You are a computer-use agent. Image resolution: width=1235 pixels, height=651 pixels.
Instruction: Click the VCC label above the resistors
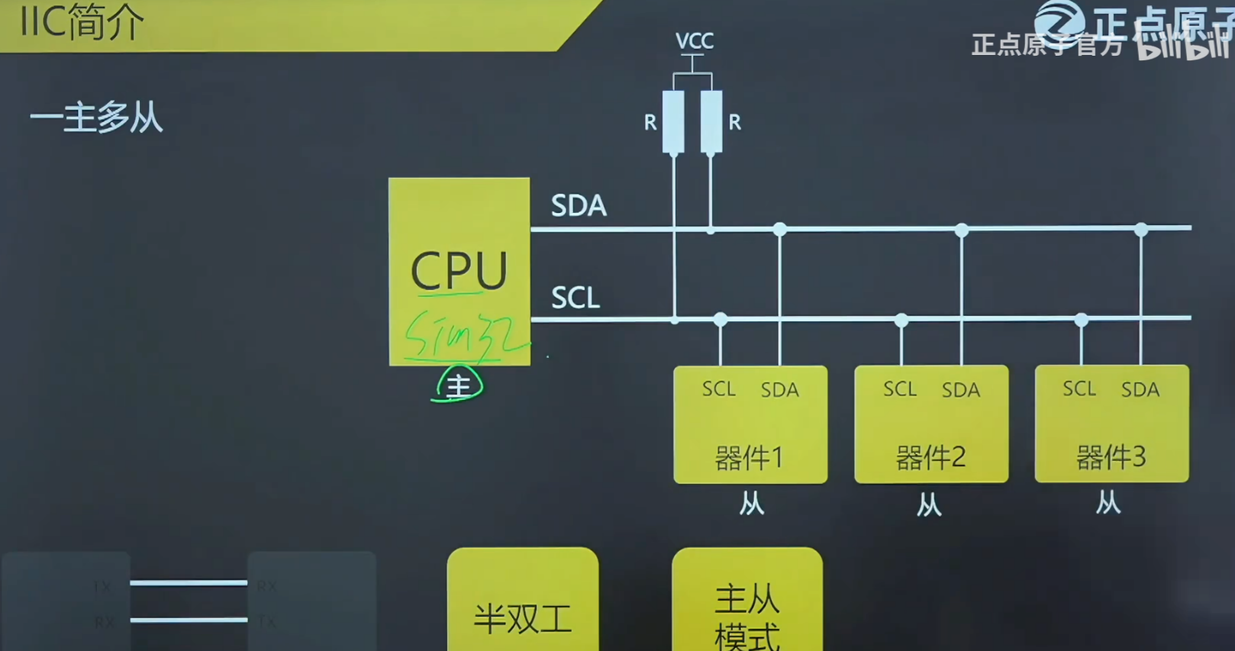point(694,40)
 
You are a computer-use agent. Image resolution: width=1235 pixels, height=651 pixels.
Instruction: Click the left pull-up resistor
point(673,121)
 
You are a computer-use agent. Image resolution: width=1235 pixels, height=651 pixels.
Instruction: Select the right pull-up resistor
point(711,121)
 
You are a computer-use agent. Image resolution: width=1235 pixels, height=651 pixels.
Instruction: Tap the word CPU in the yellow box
point(459,270)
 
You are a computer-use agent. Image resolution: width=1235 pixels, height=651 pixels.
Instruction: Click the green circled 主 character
point(458,385)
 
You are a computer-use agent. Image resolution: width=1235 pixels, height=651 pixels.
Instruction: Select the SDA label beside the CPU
point(579,206)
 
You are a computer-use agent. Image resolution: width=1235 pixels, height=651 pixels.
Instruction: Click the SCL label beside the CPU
point(576,298)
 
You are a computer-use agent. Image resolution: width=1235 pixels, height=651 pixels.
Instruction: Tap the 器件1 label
point(749,458)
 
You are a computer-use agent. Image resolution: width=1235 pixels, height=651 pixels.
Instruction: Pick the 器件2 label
point(930,458)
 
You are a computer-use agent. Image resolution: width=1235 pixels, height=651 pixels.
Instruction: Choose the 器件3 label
point(1111,457)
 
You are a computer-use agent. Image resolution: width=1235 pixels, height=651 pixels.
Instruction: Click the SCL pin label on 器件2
point(900,389)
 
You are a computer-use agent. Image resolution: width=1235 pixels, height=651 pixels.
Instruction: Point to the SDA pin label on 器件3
point(1140,389)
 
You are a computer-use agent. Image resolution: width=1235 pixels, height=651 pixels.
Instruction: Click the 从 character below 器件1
point(751,504)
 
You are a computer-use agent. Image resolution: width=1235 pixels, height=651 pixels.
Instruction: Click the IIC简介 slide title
point(81,23)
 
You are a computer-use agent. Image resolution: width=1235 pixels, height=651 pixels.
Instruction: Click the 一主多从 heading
point(96,118)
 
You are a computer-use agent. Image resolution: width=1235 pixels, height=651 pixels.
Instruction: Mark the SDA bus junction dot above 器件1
point(779,229)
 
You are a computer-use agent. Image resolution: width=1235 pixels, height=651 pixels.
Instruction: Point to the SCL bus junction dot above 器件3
point(1081,320)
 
